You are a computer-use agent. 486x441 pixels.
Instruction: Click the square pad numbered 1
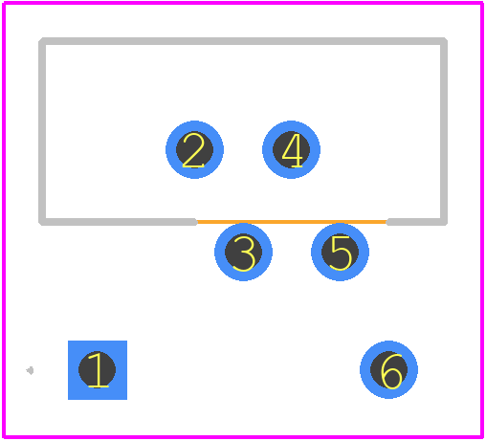(98, 370)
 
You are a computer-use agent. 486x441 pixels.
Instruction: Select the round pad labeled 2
(194, 149)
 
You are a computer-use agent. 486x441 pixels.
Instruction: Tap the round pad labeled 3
(243, 252)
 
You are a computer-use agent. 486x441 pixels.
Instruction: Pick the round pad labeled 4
(291, 149)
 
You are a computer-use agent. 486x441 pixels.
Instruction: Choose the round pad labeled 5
(340, 252)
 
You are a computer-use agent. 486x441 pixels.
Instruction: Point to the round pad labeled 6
(388, 369)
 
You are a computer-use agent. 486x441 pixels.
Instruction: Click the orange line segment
(292, 222)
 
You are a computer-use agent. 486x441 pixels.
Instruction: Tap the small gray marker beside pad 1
(30, 370)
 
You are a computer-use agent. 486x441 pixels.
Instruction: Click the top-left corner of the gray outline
(42, 41)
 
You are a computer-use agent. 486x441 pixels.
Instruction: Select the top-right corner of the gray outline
(444, 41)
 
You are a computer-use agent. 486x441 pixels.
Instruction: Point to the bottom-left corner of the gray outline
(42, 222)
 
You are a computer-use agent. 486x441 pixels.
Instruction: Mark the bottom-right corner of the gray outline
(444, 222)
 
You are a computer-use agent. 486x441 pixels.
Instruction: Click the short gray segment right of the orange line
(417, 222)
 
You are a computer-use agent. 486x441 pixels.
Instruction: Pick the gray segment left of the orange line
(118, 222)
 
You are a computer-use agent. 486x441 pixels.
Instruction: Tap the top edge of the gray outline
(243, 41)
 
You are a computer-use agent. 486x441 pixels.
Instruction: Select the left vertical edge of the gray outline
(42, 131)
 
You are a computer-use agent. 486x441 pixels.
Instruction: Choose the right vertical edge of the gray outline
(444, 131)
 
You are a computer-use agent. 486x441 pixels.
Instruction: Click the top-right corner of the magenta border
(481, 3)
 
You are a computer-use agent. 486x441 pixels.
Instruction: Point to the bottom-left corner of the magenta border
(4, 437)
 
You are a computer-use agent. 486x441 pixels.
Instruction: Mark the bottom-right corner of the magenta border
(481, 437)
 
